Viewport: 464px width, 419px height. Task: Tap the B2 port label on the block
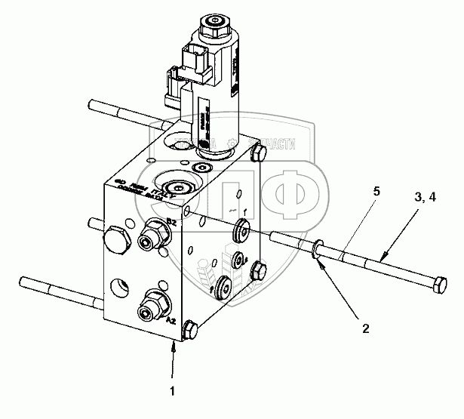coord(172,222)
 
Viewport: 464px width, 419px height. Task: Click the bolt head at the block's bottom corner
coord(190,331)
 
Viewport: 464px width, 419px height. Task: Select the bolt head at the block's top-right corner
coord(254,155)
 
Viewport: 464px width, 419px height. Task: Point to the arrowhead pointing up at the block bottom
coord(174,347)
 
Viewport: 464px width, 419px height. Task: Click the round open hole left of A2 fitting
coord(118,288)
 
